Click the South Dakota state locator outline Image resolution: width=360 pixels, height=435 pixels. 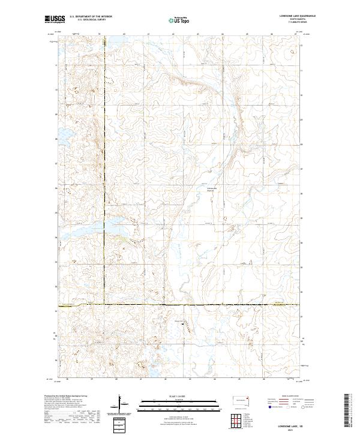[242, 399]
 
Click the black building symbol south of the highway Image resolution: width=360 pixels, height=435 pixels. [182, 325]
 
